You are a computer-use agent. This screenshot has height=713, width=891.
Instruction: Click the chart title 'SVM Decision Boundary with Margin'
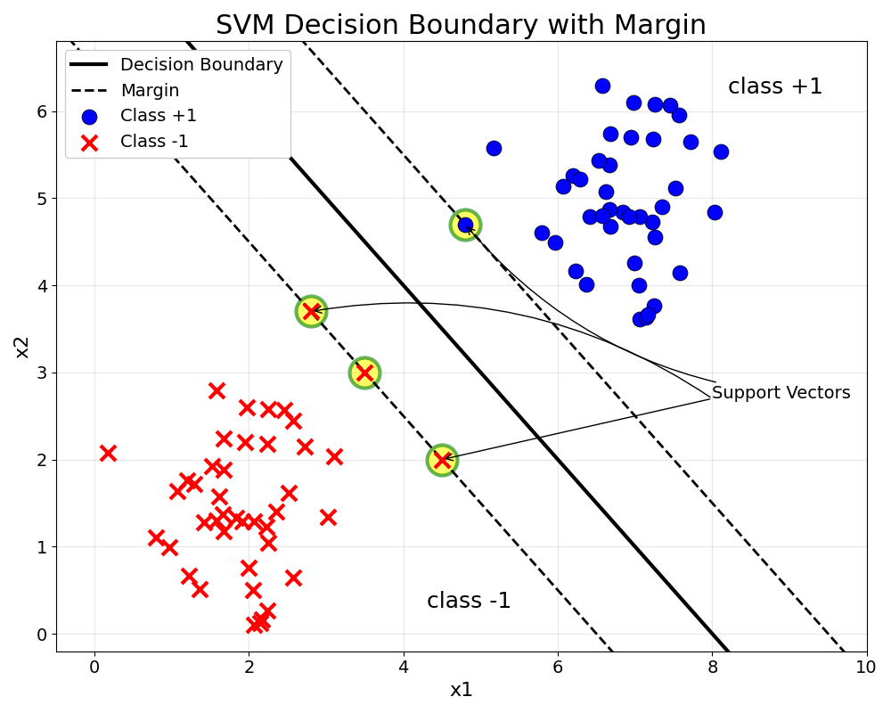(461, 25)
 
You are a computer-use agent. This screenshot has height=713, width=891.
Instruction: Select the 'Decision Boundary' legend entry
(201, 65)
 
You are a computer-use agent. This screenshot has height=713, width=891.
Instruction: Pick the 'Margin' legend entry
(150, 91)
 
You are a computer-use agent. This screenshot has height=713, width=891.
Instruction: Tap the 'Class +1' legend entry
(159, 116)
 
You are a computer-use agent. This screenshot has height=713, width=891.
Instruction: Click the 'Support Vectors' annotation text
(781, 393)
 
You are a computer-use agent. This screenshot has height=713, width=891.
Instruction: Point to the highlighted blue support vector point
(465, 225)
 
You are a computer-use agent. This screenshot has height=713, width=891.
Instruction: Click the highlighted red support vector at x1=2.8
(311, 312)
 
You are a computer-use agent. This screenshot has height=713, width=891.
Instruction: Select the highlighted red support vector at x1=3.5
(364, 373)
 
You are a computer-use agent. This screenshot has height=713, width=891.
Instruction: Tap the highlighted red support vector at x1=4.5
(442, 460)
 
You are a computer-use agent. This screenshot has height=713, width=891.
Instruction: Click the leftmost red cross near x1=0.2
(108, 453)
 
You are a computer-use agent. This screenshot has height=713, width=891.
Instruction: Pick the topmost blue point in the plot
(602, 86)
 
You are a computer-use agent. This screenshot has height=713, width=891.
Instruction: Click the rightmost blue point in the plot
(721, 152)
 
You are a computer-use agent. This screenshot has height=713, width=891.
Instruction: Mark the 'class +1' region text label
(775, 87)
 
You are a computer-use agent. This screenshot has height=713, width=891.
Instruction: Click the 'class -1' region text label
(469, 601)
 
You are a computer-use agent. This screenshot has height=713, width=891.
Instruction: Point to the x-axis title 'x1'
(461, 690)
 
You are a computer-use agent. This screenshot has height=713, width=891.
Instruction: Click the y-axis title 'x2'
(22, 346)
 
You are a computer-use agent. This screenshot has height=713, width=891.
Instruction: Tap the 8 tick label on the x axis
(712, 666)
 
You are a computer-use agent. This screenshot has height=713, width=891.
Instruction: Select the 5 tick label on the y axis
(41, 199)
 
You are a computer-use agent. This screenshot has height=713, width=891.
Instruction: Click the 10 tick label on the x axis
(866, 666)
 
